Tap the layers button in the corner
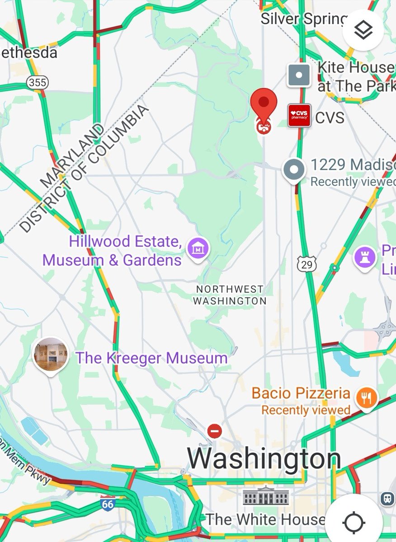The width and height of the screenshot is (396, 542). (x=363, y=30)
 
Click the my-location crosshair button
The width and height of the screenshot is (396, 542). (x=354, y=523)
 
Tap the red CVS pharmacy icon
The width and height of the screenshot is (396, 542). (x=299, y=116)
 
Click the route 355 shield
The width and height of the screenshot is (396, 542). (x=37, y=82)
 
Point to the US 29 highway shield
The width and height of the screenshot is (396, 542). (x=307, y=264)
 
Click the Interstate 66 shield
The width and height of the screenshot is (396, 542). (x=108, y=503)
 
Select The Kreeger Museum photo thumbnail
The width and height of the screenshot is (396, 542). (x=51, y=354)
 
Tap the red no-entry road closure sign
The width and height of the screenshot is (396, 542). (x=215, y=431)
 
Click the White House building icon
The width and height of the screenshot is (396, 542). (x=266, y=497)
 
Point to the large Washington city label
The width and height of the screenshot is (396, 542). (x=264, y=458)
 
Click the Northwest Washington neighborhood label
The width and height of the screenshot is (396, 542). (x=230, y=294)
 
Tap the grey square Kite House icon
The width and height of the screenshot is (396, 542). (x=299, y=75)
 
